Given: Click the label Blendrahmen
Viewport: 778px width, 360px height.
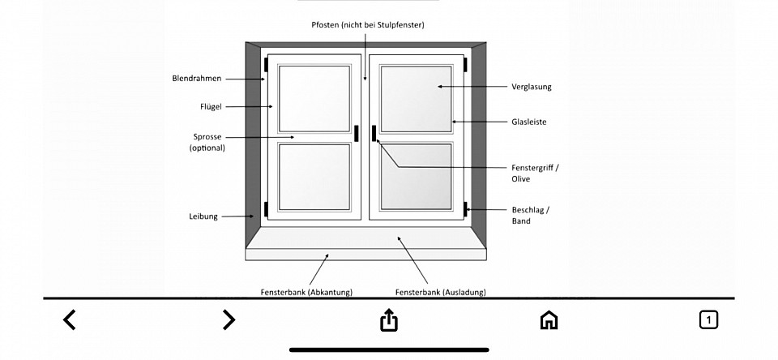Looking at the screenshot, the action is click(196, 79).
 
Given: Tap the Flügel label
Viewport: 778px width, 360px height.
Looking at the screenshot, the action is click(211, 107).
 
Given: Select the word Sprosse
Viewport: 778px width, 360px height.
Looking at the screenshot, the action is click(207, 136).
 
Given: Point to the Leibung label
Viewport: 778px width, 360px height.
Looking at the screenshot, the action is click(203, 216).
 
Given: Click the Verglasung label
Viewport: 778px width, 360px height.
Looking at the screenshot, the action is click(532, 87).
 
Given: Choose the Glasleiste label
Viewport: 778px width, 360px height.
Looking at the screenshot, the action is click(529, 122).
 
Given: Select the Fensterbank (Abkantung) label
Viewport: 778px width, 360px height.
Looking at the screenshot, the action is click(306, 293).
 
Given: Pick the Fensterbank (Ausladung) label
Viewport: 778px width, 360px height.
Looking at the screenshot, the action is click(441, 293).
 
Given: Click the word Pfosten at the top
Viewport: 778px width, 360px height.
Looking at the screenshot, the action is click(326, 24).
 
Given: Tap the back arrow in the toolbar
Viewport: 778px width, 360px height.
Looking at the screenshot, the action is click(70, 319).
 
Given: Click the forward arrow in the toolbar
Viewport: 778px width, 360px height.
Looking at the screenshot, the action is click(229, 319).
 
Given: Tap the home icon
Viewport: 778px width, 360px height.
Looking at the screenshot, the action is click(549, 319).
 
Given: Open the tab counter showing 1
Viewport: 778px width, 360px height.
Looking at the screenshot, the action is click(708, 319).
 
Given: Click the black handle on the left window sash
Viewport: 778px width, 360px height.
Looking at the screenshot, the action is click(357, 133).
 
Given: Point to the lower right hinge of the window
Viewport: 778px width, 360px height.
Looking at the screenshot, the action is click(465, 209).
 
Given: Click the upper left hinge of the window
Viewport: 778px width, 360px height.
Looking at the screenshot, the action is click(266, 65).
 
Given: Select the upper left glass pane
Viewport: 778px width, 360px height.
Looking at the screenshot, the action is click(314, 98).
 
